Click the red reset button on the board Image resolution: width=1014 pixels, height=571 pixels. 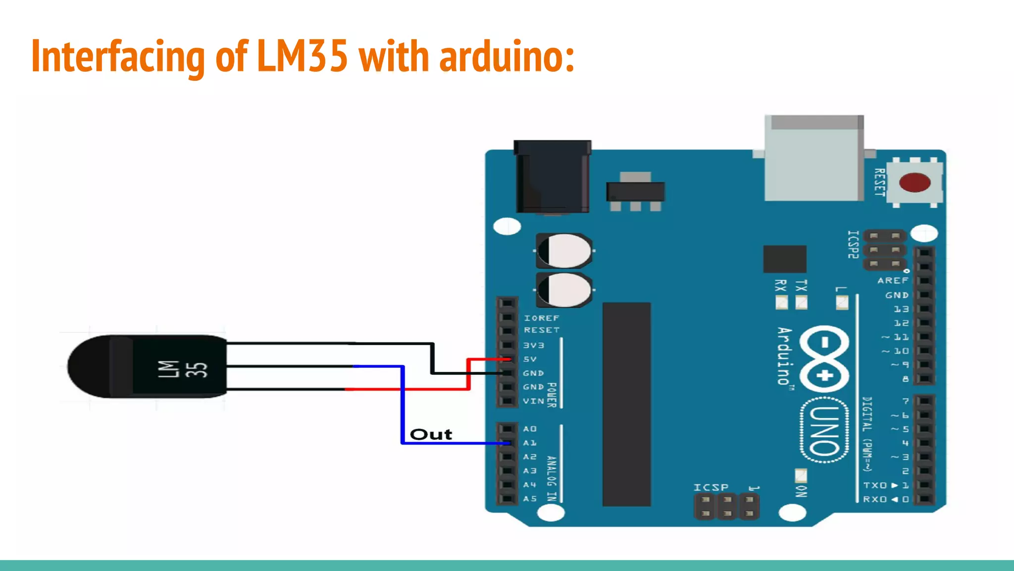914,182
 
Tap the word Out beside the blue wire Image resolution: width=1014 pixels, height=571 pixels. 431,435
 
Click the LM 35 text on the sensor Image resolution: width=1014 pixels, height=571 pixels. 182,369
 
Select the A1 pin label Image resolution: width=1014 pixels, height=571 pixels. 530,443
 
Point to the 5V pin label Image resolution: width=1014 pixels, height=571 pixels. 530,359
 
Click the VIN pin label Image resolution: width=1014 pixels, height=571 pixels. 533,400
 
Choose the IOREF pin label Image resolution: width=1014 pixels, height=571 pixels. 541,318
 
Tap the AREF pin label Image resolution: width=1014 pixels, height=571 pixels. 893,280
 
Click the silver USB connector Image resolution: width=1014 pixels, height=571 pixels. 814,159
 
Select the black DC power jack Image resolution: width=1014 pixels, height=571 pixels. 552,176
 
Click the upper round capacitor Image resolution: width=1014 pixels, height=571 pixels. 564,251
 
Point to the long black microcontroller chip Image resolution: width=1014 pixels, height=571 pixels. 626,404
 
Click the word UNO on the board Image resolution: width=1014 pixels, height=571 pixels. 824,430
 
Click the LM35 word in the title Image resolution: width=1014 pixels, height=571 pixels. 303,56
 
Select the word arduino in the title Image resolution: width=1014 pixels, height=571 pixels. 506,57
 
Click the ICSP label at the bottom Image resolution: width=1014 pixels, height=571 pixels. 710,487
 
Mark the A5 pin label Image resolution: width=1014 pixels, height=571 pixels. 530,499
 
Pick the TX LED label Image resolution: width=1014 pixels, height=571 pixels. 801,285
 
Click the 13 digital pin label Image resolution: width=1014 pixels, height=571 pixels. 901,309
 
